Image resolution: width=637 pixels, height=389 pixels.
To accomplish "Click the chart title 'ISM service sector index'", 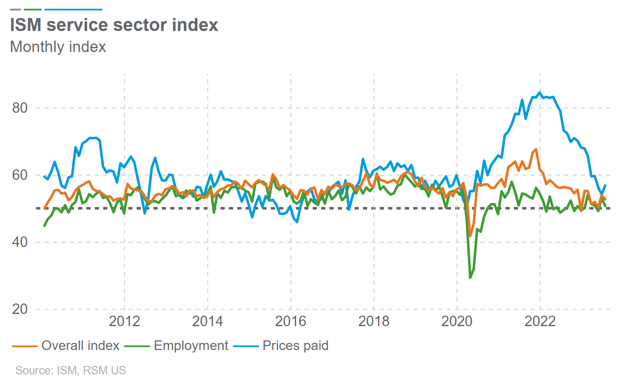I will pos(114,25).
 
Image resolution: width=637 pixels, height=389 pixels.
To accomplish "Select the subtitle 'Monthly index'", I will pos(58,47).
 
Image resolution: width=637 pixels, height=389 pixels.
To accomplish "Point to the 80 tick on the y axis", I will pos(20,108).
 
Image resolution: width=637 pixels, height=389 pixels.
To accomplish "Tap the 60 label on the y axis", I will pos(20,175).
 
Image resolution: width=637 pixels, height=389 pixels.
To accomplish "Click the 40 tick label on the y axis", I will pos(20,242).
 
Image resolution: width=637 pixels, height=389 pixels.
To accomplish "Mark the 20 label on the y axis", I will pos(20,309).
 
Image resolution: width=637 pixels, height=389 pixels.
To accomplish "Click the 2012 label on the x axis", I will pos(124,321).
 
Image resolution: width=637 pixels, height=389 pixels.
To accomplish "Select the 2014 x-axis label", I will pos(207,321).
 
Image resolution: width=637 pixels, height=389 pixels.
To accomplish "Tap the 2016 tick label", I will pos(290,321).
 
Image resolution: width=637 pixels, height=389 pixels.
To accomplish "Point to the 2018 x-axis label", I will pos(374,321).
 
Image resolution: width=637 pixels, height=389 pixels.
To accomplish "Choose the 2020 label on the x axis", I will pos(457,321).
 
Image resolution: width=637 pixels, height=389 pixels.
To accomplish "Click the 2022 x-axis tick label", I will pos(540,321).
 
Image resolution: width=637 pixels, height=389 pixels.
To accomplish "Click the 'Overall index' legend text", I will pos(80,345).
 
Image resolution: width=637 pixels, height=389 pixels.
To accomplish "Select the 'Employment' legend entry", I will pos(191,345).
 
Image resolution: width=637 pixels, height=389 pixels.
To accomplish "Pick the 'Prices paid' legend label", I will pos(295,345).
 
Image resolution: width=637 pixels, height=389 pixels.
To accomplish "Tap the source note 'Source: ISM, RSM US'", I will pos(70,371).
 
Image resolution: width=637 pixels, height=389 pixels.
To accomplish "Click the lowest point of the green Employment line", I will pos(470,277).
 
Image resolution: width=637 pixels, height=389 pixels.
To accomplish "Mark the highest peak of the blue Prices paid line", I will pos(539,93).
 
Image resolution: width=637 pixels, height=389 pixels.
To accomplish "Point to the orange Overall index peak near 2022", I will pos(536,149).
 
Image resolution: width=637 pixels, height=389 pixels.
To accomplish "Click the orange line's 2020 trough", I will pos(470,236).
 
